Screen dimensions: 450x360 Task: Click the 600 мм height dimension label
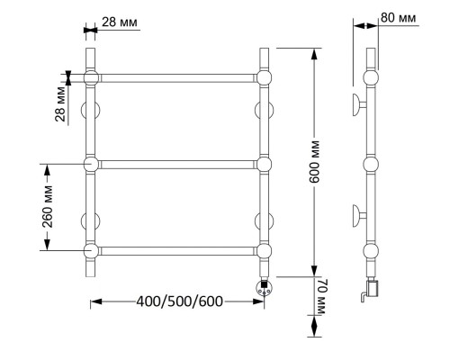[x=314, y=161]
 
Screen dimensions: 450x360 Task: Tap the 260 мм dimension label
[x=48, y=207]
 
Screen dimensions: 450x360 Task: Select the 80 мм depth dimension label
[x=399, y=18]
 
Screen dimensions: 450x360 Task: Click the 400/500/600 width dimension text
[x=180, y=301]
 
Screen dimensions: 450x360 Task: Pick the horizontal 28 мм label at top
[x=120, y=22]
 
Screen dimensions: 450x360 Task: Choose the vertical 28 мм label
[x=60, y=103]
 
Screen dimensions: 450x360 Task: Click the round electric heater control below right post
[x=265, y=288]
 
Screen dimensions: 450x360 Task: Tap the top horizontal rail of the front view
[x=177, y=78]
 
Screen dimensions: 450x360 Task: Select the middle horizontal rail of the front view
[x=177, y=165]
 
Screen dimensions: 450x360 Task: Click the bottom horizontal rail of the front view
[x=177, y=251]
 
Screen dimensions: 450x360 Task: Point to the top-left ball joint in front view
[x=91, y=78]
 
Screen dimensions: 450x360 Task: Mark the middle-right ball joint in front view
[x=264, y=165]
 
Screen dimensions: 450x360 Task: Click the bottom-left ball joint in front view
[x=91, y=251]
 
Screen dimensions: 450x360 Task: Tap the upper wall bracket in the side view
[x=359, y=105]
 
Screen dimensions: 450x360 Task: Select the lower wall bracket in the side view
[x=359, y=215]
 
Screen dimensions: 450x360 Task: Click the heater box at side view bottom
[x=373, y=287]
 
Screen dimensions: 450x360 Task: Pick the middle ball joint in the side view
[x=371, y=165]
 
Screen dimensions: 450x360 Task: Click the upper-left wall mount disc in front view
[x=91, y=111]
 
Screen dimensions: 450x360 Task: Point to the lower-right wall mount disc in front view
[x=264, y=221]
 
